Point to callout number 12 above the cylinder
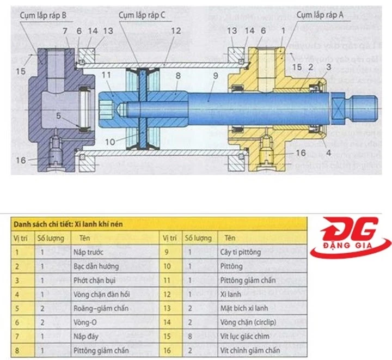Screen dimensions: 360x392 click(175, 32)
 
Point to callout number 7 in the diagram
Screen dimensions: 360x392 click(66, 32)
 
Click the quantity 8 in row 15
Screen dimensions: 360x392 click(188, 337)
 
